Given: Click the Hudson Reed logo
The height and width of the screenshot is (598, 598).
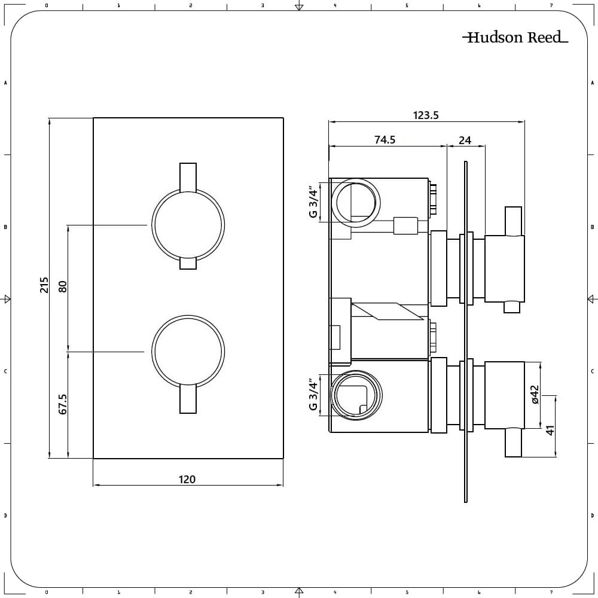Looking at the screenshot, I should [515, 38].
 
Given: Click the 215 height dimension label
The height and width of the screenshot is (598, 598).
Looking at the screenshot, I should [44, 285].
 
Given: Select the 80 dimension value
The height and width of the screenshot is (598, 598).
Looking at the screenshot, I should [63, 286].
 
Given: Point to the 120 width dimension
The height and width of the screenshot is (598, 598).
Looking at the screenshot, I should [187, 479].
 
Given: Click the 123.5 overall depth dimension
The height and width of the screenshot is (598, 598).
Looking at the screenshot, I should [426, 115].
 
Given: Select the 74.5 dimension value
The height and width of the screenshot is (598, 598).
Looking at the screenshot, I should [385, 140].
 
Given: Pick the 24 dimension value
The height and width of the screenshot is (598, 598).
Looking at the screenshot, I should [465, 141].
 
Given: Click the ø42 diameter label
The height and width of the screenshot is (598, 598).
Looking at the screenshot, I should [535, 395].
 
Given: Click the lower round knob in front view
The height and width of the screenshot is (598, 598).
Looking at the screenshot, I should [188, 351].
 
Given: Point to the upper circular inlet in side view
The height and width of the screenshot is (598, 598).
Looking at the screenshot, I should [355, 203].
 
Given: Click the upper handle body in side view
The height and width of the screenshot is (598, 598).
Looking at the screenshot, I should [504, 269].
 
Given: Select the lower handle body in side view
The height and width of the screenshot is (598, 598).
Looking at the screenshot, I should [504, 395].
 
